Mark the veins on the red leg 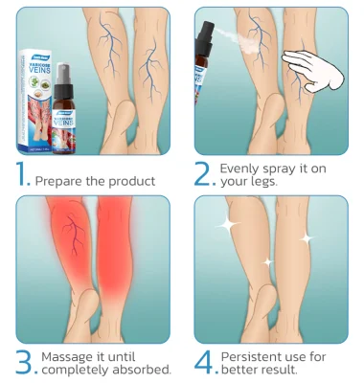[72, 235]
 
